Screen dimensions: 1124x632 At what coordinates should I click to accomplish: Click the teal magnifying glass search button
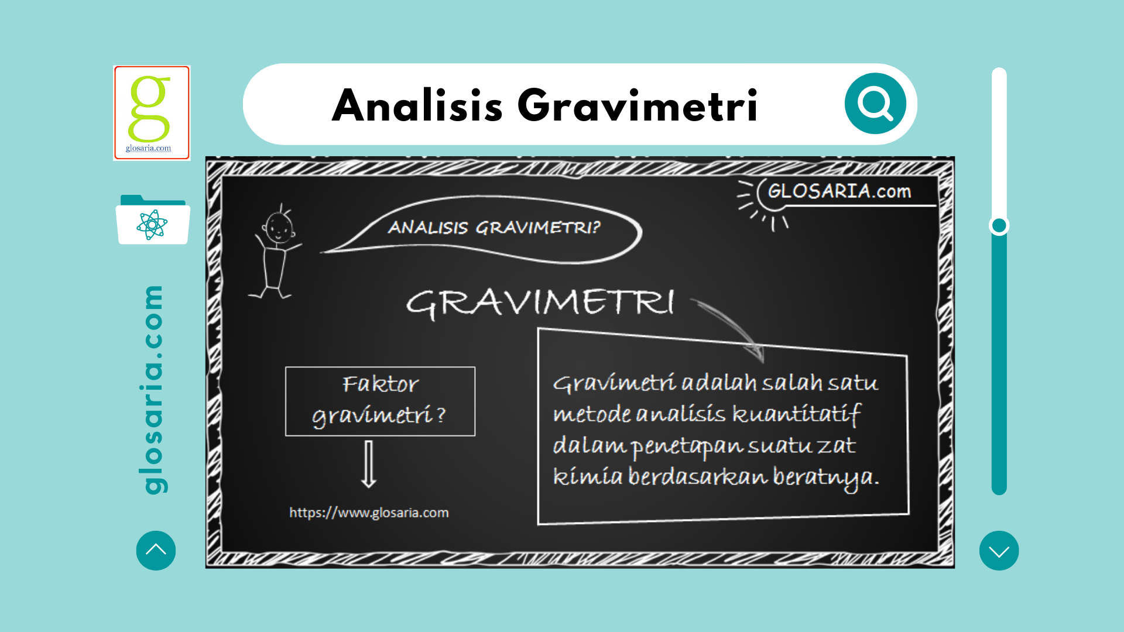pos(875,104)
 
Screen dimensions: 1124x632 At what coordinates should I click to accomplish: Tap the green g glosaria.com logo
pos(152,112)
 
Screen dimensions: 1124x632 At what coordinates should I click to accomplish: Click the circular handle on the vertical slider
pos(999,225)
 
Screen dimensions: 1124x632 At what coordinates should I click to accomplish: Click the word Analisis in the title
pos(417,105)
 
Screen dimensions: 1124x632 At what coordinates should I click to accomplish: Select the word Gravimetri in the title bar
pos(638,105)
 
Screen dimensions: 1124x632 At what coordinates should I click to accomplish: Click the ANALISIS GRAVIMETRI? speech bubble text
pos(494,227)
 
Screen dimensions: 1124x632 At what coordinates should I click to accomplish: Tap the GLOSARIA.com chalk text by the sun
pos(839,191)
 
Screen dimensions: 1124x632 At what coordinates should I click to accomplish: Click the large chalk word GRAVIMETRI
pos(540,303)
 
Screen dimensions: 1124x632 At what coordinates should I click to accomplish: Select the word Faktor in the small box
pos(381,384)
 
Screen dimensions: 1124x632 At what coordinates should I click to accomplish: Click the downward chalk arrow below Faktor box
pos(369,464)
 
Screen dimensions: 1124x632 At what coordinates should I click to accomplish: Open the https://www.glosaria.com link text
pos(369,513)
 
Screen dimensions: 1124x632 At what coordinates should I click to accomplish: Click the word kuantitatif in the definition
pos(797,414)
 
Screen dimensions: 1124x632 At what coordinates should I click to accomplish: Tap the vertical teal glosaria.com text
pos(153,390)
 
